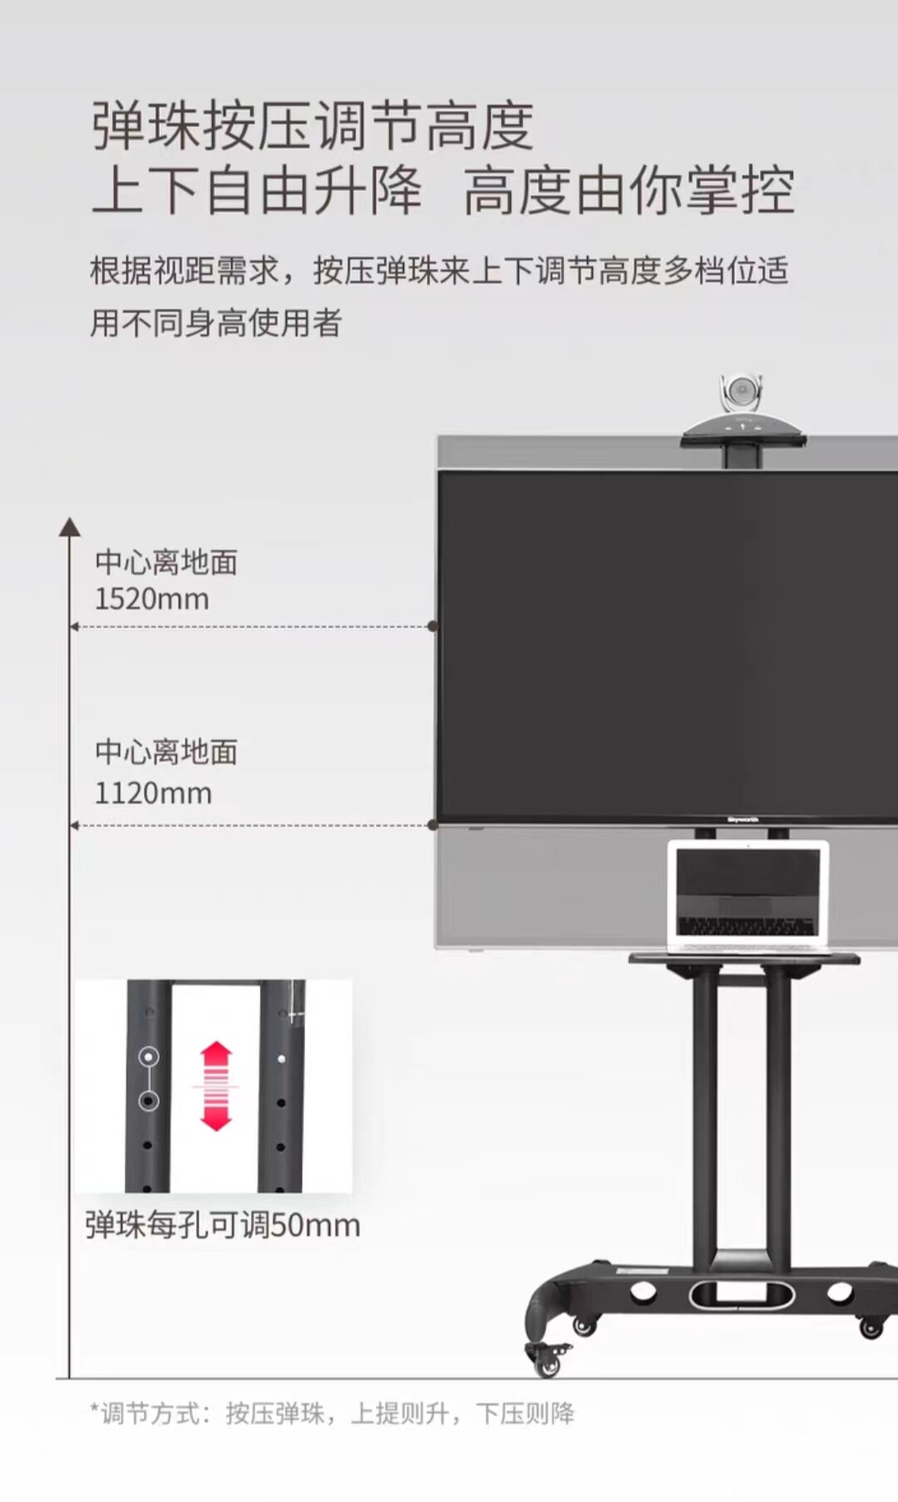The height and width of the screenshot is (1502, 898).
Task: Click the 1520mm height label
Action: point(151,599)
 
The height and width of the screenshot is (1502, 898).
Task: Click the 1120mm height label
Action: point(153,793)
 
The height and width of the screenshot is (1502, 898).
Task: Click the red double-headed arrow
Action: point(216,1086)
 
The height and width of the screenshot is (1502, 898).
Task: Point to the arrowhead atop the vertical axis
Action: point(70,527)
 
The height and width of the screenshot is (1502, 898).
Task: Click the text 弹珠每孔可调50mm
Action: point(223,1225)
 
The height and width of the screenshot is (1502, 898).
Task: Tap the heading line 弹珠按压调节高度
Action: point(313,126)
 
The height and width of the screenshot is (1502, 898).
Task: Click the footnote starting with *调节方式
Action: point(333,1413)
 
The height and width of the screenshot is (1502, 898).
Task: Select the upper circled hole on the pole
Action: point(149,1056)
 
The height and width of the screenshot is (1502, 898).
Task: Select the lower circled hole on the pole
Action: point(149,1101)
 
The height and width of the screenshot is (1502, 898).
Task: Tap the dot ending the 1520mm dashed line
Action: point(432,626)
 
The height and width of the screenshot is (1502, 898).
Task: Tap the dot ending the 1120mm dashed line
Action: point(432,825)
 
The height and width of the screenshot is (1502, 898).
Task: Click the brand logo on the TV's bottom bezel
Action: point(743,820)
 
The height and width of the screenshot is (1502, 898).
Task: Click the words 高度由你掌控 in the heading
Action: point(629,191)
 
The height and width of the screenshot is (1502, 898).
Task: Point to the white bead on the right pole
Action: point(282,1059)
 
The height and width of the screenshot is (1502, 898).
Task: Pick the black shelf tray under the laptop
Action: point(744,959)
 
